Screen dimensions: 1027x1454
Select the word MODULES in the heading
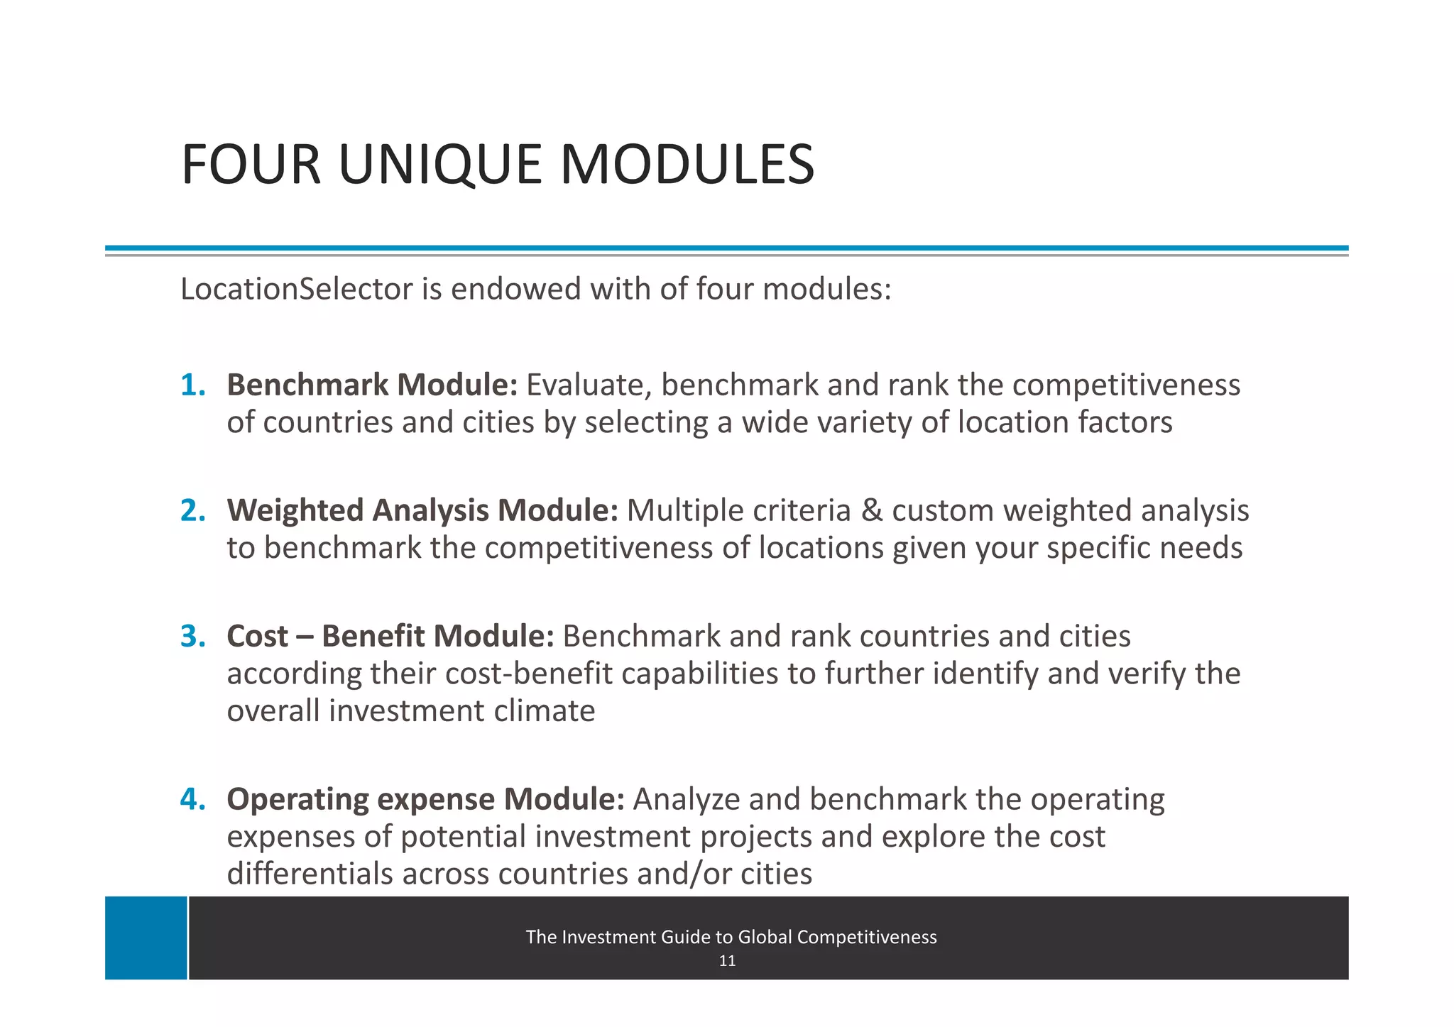[687, 165]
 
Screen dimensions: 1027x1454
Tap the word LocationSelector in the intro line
[296, 289]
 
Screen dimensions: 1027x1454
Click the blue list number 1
[192, 385]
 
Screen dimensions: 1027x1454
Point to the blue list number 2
[192, 510]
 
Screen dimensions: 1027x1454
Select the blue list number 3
[192, 636]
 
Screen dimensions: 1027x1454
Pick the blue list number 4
[192, 799]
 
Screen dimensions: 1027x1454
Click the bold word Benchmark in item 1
[307, 385]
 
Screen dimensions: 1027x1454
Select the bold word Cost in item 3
[257, 636]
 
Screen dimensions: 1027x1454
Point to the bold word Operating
[297, 799]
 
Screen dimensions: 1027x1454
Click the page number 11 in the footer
[727, 961]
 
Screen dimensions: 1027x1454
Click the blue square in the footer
[146, 938]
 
